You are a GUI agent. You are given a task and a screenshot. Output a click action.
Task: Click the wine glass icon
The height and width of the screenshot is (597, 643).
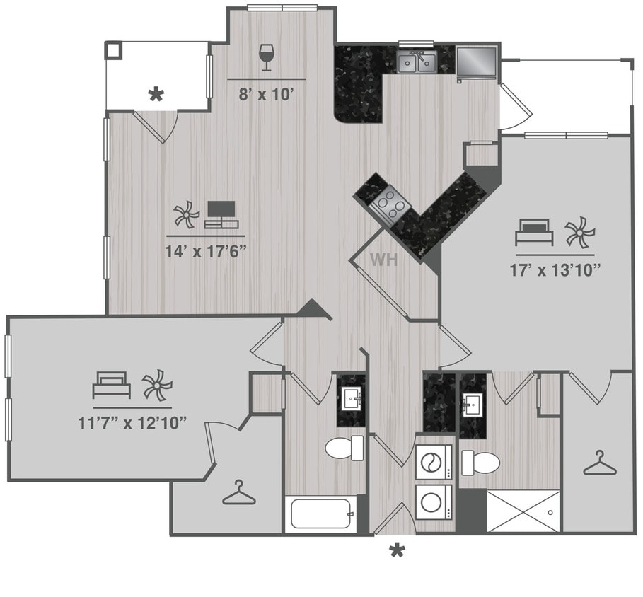(x=267, y=57)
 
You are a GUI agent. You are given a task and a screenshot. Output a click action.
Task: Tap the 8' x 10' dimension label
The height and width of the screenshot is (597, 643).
(x=266, y=95)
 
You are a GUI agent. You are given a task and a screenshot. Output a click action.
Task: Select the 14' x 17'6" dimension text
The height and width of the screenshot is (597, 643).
(x=206, y=250)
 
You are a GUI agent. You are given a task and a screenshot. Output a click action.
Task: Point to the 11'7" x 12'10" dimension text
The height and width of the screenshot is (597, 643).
(x=133, y=423)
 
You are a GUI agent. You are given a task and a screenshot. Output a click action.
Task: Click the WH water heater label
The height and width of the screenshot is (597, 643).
(x=383, y=260)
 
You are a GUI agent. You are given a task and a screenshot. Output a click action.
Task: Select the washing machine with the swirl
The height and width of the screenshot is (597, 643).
(x=431, y=463)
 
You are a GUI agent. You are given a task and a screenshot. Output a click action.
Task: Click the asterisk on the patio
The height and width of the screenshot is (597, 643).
(x=155, y=95)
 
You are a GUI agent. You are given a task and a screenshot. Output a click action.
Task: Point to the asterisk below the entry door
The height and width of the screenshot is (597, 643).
(x=398, y=550)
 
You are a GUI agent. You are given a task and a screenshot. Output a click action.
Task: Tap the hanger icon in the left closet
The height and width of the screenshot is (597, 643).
(x=238, y=492)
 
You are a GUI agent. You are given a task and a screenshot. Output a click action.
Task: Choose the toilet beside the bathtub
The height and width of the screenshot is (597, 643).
(x=344, y=447)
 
